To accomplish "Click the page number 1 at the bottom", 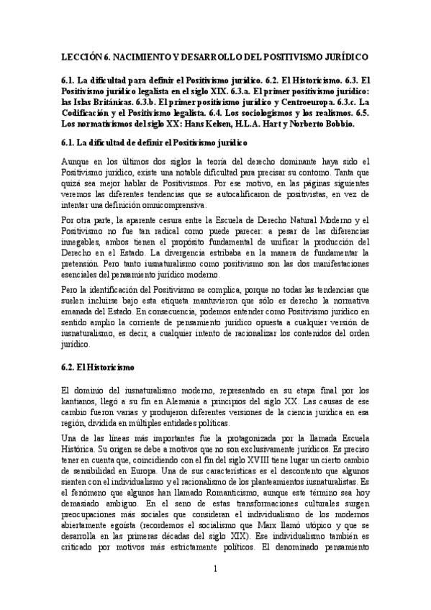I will [215, 588].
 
